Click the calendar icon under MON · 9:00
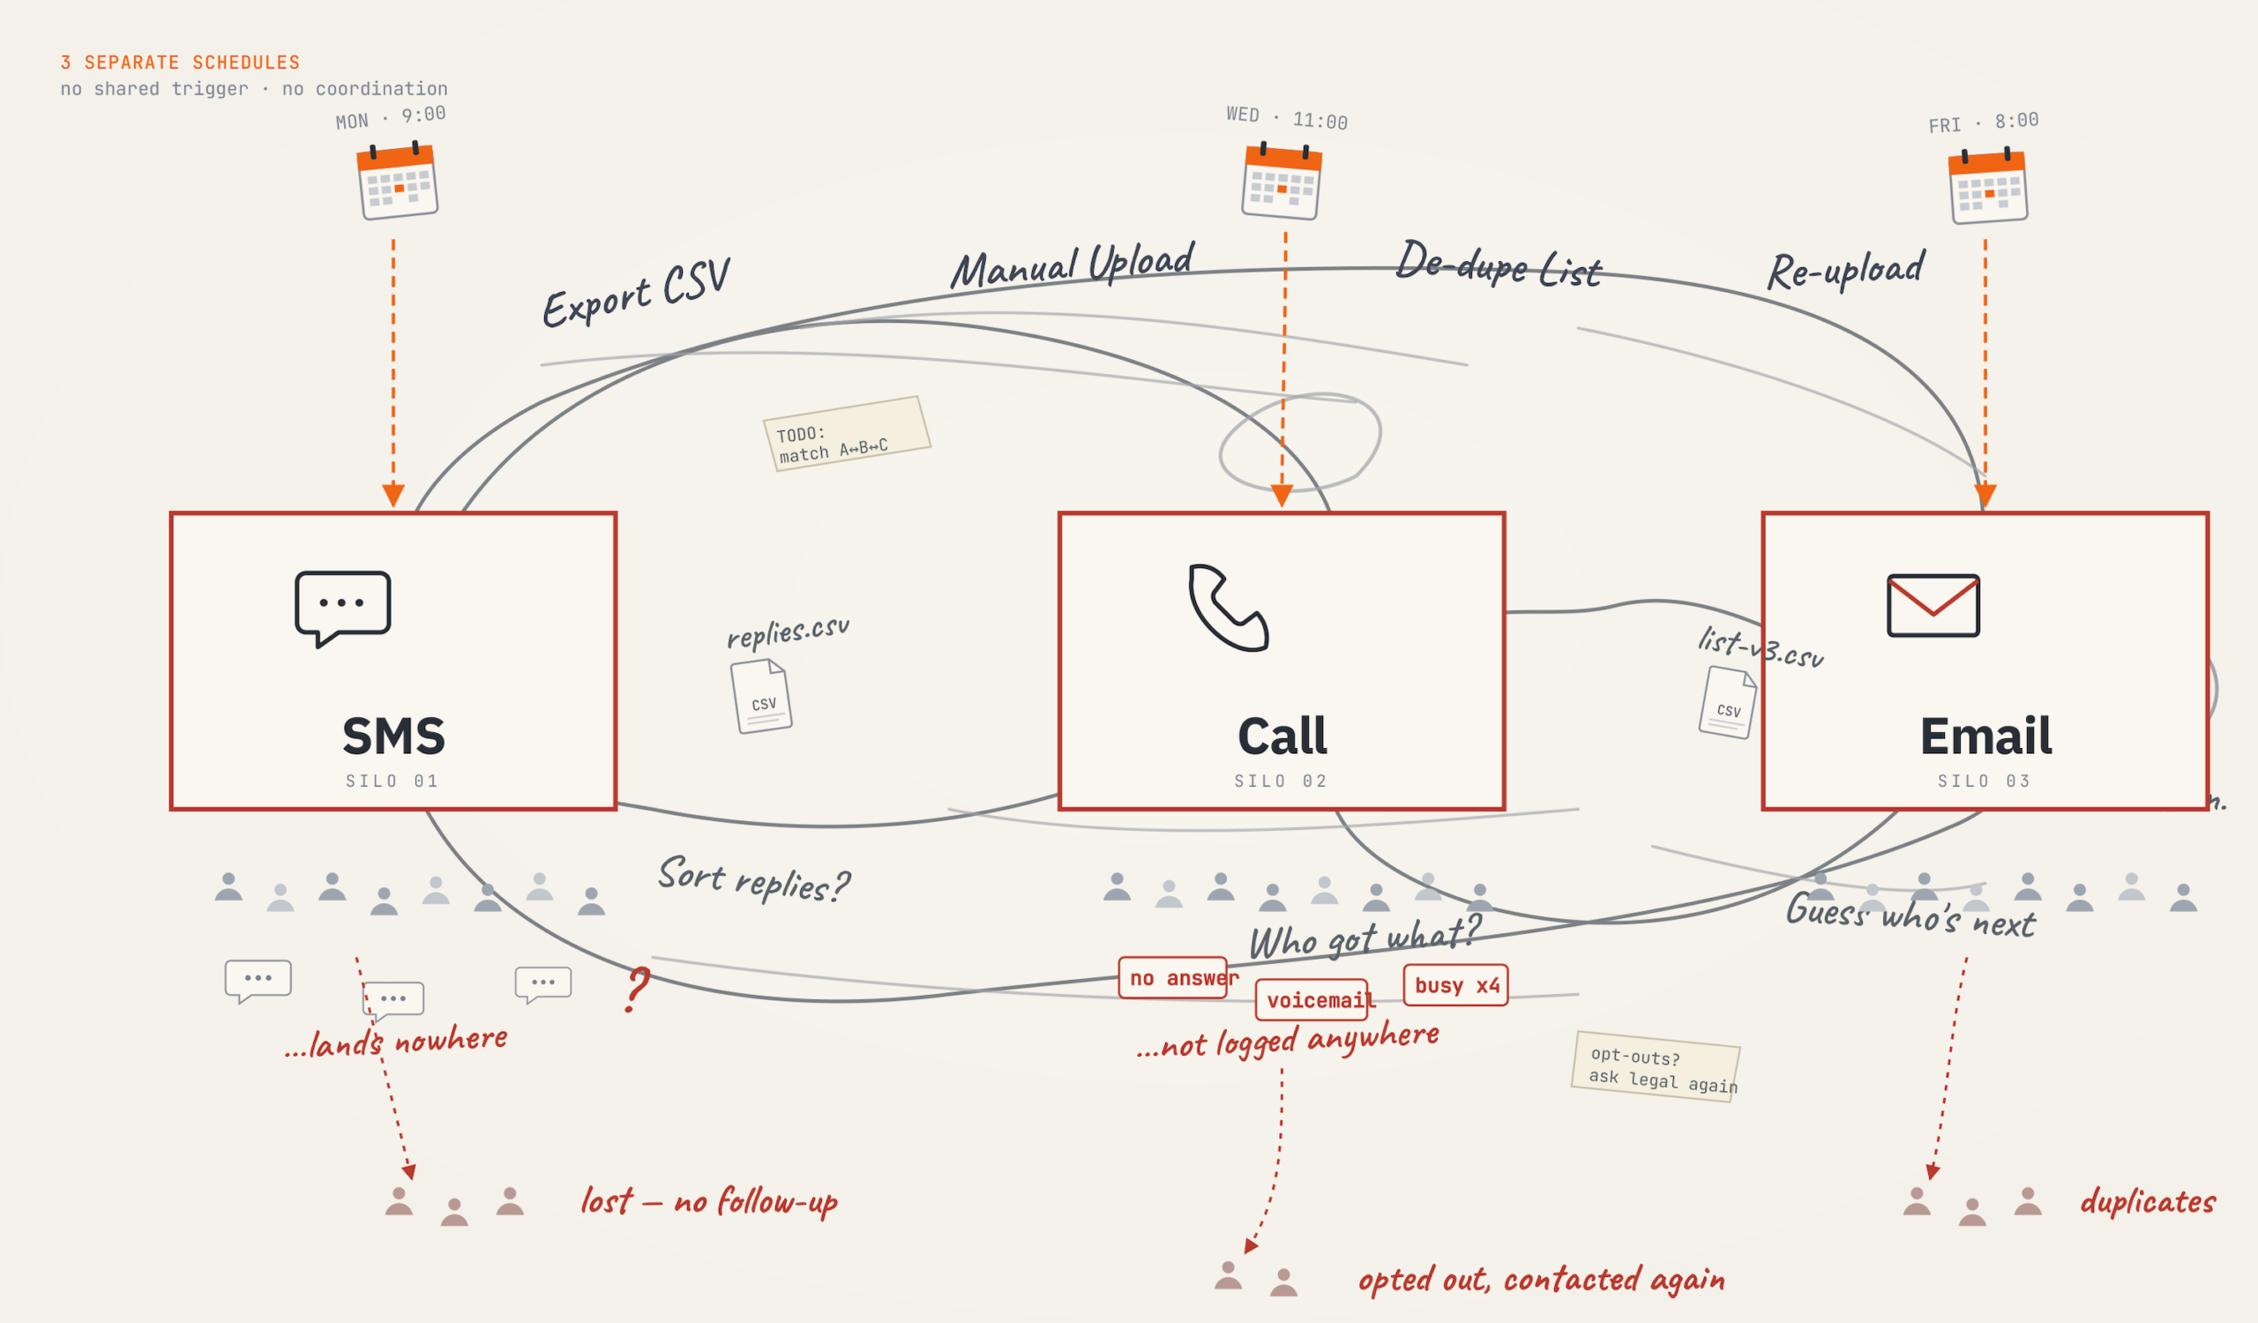tap(397, 182)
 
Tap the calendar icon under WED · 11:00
tap(1282, 183)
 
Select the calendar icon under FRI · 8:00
tap(1987, 187)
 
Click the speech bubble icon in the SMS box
tap(342, 608)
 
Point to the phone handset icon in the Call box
tap(1228, 608)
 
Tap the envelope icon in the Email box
tap(1933, 606)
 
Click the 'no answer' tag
tap(1173, 977)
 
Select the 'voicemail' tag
tap(1312, 999)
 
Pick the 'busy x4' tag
tap(1455, 985)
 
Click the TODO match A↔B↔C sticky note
tap(846, 434)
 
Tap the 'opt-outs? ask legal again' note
tap(1655, 1067)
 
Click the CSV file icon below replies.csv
tap(760, 697)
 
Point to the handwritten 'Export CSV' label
tap(636, 294)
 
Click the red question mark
tap(636, 989)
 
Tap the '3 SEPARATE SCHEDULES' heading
tap(180, 63)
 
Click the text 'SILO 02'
tap(1281, 781)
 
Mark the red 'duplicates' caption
tap(2147, 1201)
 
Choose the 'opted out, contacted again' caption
tap(1541, 1280)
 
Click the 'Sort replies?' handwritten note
tap(753, 879)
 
